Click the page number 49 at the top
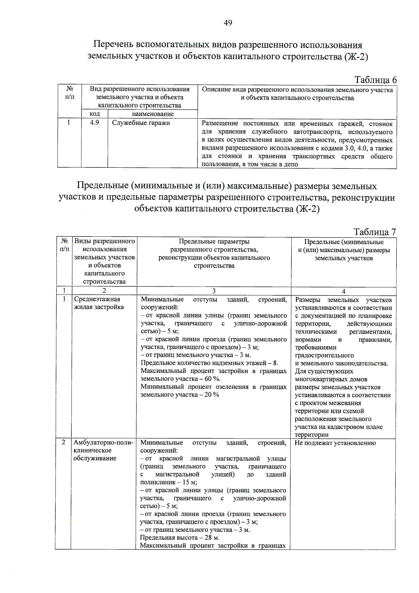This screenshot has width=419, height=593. pos(228,23)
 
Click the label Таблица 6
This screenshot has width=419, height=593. pos(375,80)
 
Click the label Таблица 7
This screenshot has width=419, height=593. pos(375,232)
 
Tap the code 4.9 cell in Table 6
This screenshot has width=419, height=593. pos(94,123)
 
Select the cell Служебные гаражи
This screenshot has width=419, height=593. pos(141,123)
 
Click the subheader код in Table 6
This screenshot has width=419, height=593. pos(95,114)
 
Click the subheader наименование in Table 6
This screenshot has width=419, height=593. pos(153,114)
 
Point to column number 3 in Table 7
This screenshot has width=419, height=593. pos(214,291)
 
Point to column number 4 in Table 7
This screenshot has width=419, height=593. pos(344,291)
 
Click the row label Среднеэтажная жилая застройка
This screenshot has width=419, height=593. pos(98,303)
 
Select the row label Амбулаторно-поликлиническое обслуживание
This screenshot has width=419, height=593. pos(103,450)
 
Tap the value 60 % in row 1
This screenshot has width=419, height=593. pos(212,379)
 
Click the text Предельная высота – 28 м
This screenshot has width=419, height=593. pos(179,538)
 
